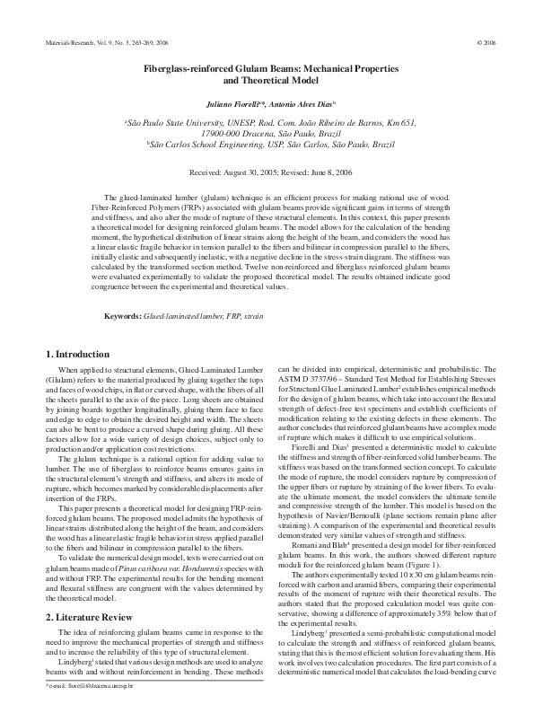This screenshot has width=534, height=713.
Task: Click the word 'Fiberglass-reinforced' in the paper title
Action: pos(185,67)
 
